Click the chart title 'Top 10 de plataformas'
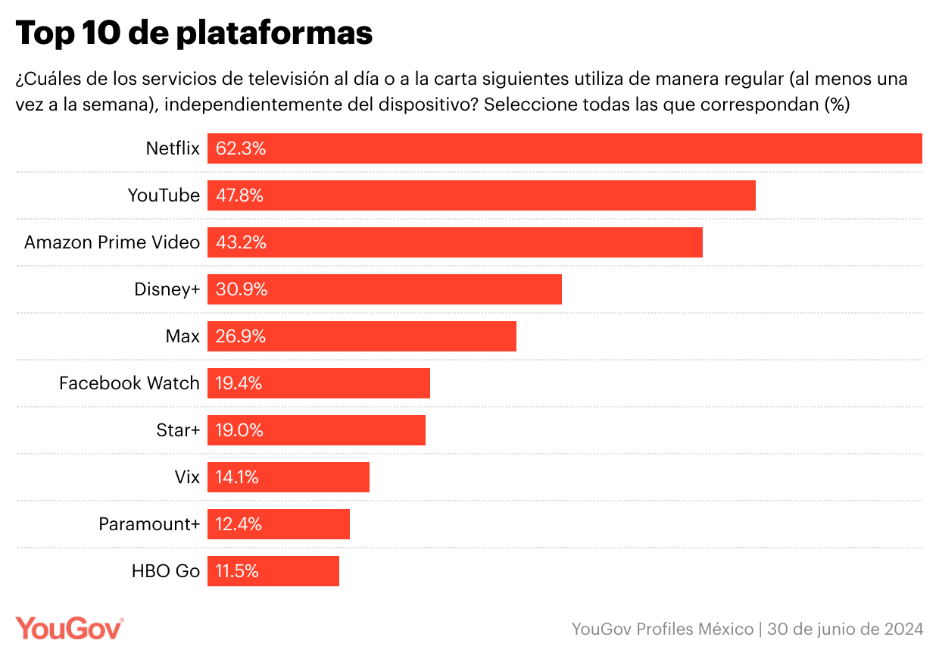click(x=194, y=33)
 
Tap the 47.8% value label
click(x=239, y=195)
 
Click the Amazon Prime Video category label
click(x=112, y=242)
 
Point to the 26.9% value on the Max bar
click(x=241, y=336)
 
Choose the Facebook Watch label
click(x=129, y=383)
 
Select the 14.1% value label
click(x=238, y=477)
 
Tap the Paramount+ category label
click(x=149, y=524)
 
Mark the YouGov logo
click(x=70, y=628)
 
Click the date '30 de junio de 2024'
click(x=845, y=629)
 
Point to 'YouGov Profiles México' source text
click(x=663, y=629)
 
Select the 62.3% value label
click(x=241, y=148)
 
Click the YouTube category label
click(x=164, y=195)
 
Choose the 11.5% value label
click(x=237, y=571)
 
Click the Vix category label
click(x=187, y=477)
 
